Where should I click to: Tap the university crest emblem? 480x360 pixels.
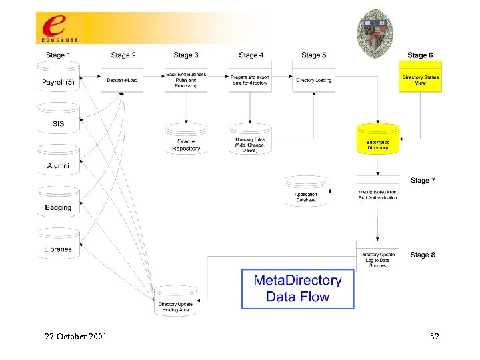pyautogui.click(x=375, y=30)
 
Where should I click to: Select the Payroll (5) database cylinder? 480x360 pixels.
pyautogui.click(x=58, y=79)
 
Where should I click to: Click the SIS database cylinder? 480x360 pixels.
pyautogui.click(x=58, y=119)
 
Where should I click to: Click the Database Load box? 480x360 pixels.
pyautogui.click(x=123, y=79)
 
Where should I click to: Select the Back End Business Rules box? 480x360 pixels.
pyautogui.click(x=186, y=80)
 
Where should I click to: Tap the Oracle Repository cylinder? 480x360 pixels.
pyautogui.click(x=186, y=141)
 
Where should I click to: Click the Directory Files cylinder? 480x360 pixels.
pyautogui.click(x=249, y=141)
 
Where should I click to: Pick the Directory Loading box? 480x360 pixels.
pyautogui.click(x=313, y=79)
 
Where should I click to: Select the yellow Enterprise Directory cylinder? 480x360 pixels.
pyautogui.click(x=377, y=140)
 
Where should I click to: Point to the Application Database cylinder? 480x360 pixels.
pyautogui.click(x=306, y=191)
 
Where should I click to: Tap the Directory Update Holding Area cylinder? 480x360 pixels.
pyautogui.click(x=176, y=301)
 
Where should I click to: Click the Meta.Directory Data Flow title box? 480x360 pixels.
pyautogui.click(x=297, y=289)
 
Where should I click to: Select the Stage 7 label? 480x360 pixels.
pyautogui.click(x=423, y=181)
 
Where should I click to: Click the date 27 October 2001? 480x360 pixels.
pyautogui.click(x=75, y=337)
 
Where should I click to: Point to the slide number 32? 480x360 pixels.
pyautogui.click(x=434, y=337)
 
